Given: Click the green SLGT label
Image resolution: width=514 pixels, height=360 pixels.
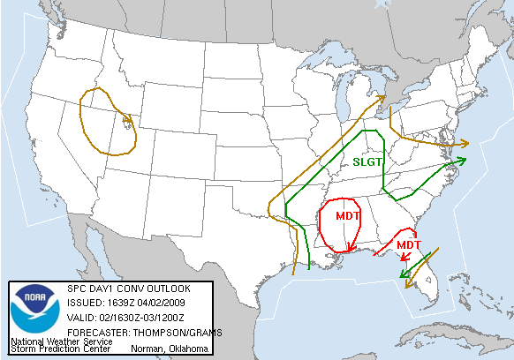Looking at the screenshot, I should [367, 161].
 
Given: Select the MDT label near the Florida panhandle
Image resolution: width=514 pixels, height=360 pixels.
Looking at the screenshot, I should [408, 244].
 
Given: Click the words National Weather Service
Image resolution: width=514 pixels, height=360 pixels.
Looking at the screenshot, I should [61, 341].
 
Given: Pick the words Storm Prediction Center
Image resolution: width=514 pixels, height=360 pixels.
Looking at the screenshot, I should [60, 349].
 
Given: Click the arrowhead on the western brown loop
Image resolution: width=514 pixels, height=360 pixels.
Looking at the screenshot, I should [130, 121].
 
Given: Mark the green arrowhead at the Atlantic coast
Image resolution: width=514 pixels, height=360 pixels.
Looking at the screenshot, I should [463, 160].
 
